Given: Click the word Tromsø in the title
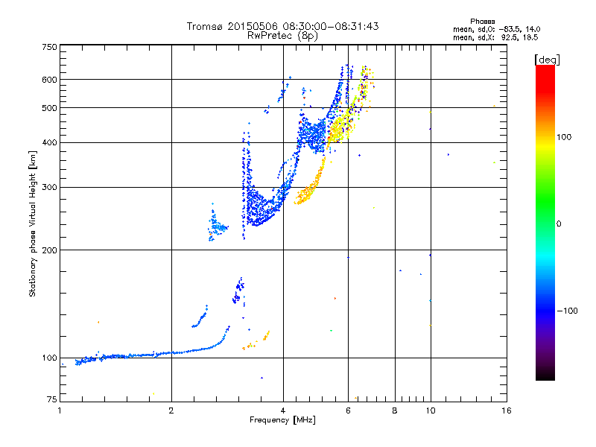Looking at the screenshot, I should coord(203,26).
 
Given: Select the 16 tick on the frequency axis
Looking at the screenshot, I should coord(505,410).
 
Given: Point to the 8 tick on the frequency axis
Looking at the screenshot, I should coord(395,410).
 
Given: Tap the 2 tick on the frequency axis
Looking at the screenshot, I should coord(171,410).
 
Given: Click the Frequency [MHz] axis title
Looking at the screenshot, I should coord(282,420).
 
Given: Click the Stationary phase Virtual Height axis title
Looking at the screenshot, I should coord(33,223).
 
